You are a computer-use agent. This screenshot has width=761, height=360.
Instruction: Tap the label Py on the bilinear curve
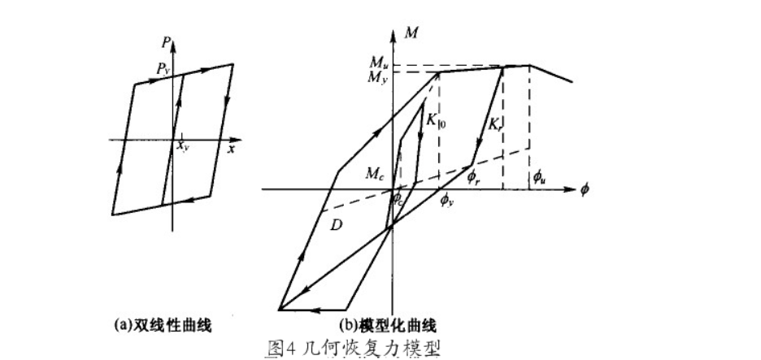tap(163, 72)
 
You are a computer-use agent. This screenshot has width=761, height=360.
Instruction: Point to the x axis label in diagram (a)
tap(231, 149)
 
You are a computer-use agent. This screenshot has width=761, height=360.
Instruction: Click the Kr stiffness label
tap(495, 125)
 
